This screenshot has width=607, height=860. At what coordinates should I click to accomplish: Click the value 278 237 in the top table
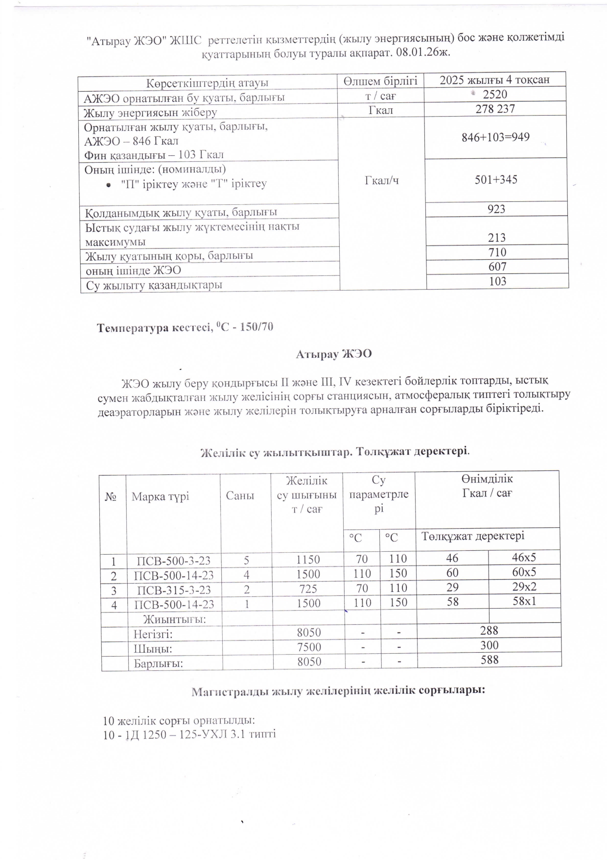pos(495,109)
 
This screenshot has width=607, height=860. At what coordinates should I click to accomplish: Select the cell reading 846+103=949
pos(495,137)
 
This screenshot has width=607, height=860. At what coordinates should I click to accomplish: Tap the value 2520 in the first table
pos(495,95)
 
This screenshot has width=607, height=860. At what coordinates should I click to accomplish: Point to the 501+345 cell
pos(496,180)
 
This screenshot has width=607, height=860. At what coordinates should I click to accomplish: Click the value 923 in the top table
pos(496,209)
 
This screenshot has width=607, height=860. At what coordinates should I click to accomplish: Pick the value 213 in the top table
pos(496,238)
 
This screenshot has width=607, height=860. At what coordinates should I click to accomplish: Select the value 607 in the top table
pos(497,267)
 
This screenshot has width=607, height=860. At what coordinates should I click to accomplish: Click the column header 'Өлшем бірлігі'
pos(380,81)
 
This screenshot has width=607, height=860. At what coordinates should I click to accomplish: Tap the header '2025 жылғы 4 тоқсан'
pos(494,80)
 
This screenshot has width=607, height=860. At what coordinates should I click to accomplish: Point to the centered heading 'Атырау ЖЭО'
pos(334,354)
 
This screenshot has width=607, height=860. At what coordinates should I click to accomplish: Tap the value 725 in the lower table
pos(308,589)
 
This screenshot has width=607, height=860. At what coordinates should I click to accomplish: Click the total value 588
pos(490,660)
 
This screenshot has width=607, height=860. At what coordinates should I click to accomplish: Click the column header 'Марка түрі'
pos(160,496)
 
